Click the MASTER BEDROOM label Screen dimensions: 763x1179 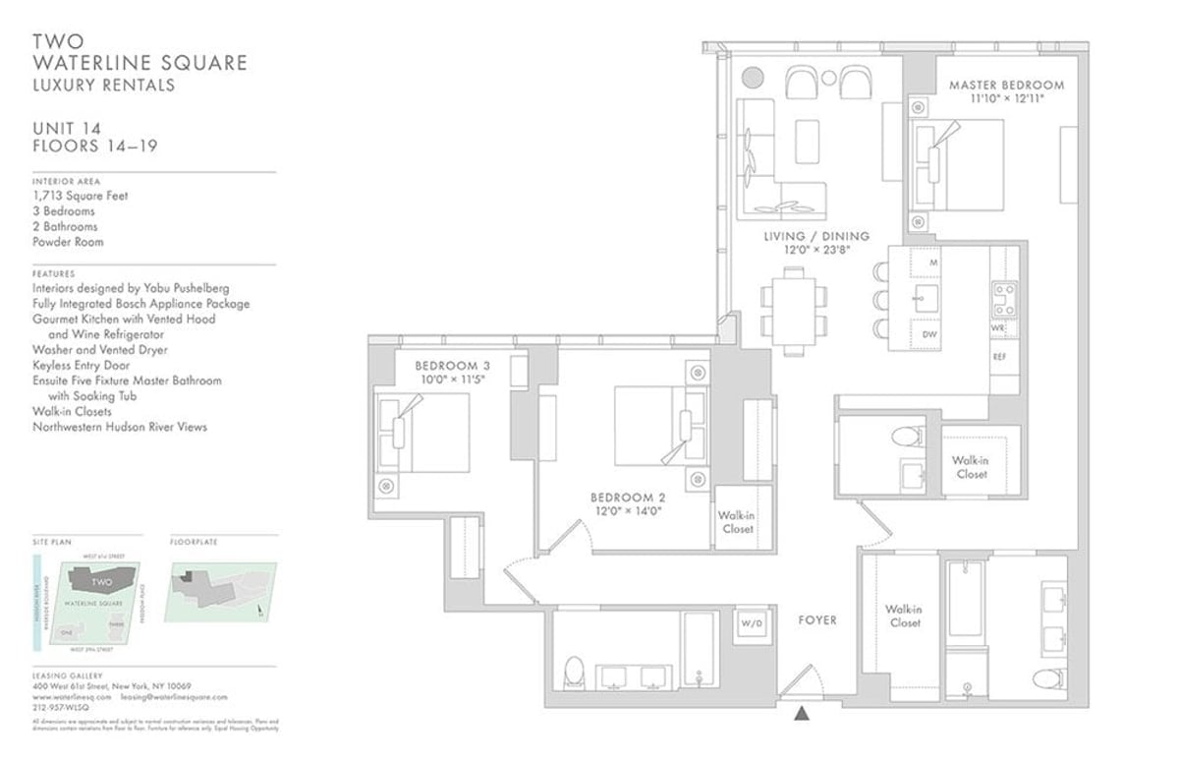1005,86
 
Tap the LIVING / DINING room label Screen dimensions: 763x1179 816,236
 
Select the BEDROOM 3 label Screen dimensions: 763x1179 452,366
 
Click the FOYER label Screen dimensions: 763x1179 816,620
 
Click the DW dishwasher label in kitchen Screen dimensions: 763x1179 928,335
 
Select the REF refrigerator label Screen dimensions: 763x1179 999,356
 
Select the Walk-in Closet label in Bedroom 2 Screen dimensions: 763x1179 736,522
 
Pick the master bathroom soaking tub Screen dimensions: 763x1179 968,599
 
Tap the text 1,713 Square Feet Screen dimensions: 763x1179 81,196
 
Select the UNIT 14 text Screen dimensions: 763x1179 68,129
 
